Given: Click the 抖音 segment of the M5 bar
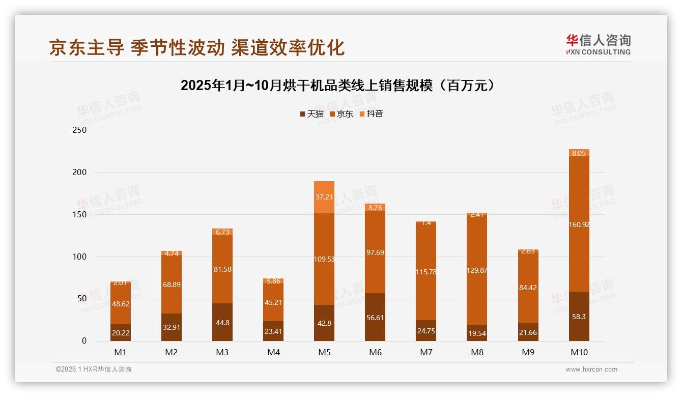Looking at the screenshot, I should (x=324, y=197).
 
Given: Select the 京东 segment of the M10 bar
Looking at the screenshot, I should (x=579, y=224).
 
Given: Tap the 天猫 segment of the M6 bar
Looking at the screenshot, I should (x=375, y=317).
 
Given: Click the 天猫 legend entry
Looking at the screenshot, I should (x=311, y=114).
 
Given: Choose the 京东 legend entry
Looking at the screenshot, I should (x=342, y=114).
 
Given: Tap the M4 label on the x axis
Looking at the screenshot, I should (x=273, y=352).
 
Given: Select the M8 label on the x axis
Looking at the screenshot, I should (x=477, y=352).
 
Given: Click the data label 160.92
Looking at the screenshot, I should (x=579, y=224).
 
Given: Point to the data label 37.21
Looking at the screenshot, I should (x=324, y=197).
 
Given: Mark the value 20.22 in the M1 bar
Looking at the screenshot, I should (x=121, y=333).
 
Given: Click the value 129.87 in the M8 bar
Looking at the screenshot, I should (x=477, y=271).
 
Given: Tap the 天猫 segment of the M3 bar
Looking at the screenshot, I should (x=222, y=322).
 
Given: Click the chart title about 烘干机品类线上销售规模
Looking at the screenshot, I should (x=337, y=86).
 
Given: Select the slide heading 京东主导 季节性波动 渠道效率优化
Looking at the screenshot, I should (x=197, y=47).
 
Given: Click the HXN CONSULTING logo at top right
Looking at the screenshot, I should (x=598, y=45).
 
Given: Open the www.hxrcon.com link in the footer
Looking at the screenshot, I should (x=591, y=370).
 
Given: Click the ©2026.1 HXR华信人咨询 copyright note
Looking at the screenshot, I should (x=94, y=370).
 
